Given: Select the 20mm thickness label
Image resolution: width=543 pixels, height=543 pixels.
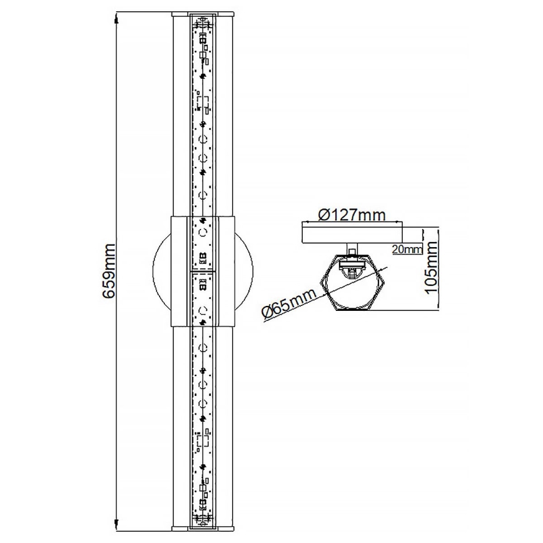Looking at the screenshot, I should click(407, 249).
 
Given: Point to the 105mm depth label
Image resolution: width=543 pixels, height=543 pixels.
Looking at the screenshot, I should click(430, 268).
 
